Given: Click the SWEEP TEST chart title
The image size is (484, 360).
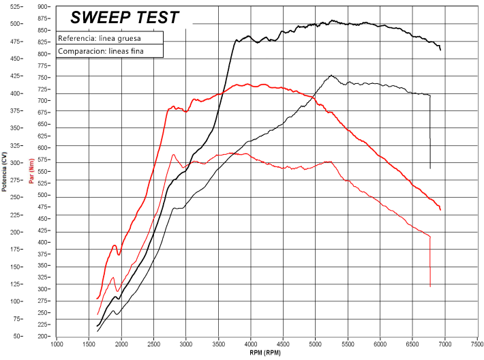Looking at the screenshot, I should tap(125, 17).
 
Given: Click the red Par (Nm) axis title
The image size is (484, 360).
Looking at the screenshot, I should tap(32, 171).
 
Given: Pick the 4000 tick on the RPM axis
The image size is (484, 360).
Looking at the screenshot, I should tap(251, 343).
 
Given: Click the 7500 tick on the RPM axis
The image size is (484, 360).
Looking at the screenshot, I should tap(477, 343).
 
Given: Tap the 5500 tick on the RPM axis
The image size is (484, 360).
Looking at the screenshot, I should tap(348, 343).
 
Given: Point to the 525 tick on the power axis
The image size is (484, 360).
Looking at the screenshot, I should tap(12, 7).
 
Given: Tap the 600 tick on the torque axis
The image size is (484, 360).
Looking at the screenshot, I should tap(44, 148).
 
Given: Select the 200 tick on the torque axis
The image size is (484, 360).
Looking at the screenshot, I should tap(44, 336).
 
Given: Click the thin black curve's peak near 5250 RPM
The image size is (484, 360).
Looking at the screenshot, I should tap(331, 76).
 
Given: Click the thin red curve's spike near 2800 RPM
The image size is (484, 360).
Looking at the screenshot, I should tap(173, 155).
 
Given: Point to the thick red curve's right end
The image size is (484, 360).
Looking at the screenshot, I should tap(440, 210).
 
